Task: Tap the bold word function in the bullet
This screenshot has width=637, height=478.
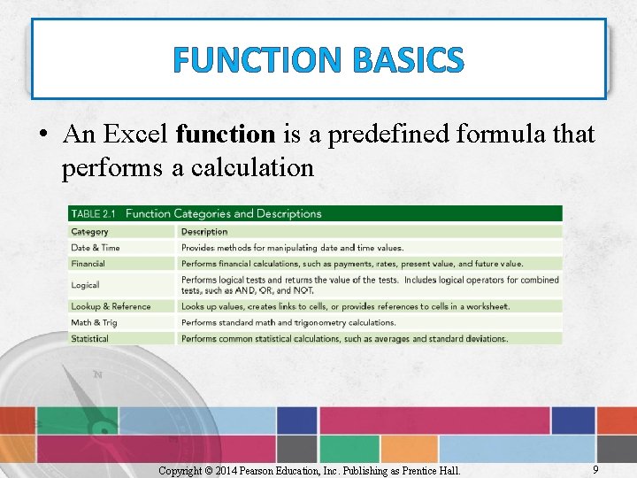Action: coord(226,135)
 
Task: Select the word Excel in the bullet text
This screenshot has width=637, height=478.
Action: coord(137,135)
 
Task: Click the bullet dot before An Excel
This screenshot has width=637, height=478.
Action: coord(42,135)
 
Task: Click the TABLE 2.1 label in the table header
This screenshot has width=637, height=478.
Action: coord(96,213)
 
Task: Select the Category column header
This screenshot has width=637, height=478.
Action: coord(90,232)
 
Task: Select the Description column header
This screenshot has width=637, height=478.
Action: coord(204,232)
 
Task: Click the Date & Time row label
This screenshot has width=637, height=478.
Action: coord(96,248)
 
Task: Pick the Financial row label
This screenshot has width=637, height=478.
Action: coord(88,264)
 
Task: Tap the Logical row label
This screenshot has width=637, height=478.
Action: coord(85,285)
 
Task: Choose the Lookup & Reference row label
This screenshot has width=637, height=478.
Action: coord(111,306)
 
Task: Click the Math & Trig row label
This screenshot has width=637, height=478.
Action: coord(94,322)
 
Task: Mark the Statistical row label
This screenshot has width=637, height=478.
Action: coord(90,338)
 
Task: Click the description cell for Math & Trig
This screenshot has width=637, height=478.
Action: coord(288,322)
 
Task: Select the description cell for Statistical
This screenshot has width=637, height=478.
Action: coord(344,338)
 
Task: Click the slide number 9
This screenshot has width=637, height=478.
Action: coord(595,470)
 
